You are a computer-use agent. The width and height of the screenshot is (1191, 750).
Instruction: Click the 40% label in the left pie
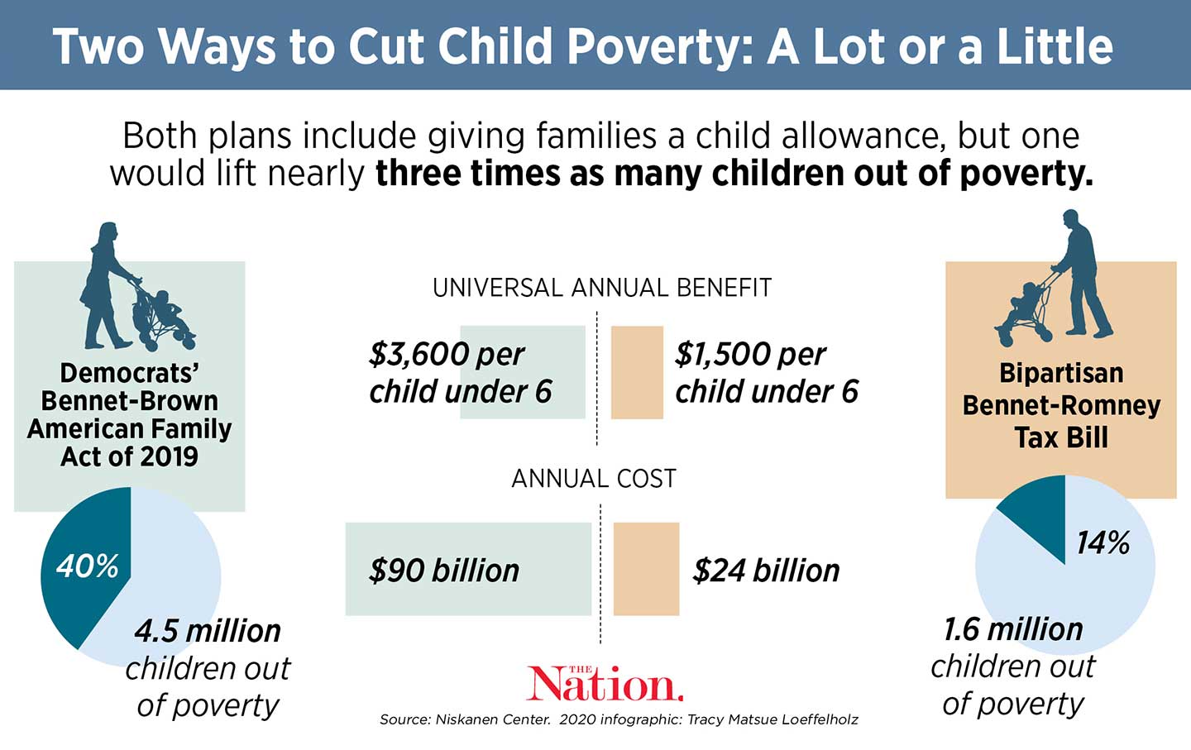[x=87, y=566]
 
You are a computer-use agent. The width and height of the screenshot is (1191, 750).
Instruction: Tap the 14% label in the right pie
[x=1103, y=543]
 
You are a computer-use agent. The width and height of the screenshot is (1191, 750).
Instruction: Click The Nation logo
[x=605, y=684]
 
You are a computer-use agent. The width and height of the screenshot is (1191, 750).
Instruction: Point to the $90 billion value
[x=444, y=571]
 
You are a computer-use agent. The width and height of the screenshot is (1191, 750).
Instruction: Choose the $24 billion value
[x=766, y=571]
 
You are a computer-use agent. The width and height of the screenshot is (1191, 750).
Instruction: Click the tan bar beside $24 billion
[x=646, y=569]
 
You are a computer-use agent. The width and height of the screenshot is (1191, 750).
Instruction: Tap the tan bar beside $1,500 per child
[x=637, y=372]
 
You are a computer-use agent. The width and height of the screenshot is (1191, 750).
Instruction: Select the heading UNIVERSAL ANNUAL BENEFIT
[x=601, y=288]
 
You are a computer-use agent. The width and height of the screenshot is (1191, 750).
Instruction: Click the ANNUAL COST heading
[x=594, y=479]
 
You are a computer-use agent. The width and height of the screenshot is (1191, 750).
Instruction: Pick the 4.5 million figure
[x=208, y=632]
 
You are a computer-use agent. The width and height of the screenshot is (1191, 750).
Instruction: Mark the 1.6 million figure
[x=1012, y=630]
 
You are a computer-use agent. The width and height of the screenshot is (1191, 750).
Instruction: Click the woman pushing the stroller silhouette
[x=108, y=285]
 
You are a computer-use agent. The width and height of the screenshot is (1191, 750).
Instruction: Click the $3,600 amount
[x=419, y=355]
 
